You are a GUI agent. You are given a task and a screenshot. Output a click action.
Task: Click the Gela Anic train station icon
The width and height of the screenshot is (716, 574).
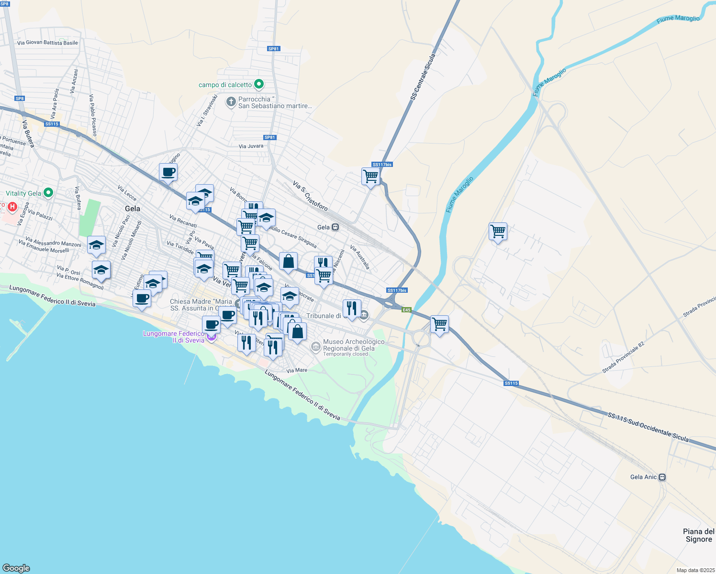tap(662, 477)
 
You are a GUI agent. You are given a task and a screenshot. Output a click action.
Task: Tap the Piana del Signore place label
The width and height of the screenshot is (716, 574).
tap(699, 535)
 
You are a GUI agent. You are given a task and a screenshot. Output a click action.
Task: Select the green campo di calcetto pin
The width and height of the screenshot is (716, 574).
tap(259, 85)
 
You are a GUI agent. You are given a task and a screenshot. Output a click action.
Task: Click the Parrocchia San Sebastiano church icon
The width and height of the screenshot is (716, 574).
tap(231, 101)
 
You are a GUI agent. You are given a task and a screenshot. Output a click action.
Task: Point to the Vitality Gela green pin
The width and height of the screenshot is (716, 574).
tap(48, 193)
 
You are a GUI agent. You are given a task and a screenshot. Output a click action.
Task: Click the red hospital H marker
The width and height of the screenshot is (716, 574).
tap(12, 207)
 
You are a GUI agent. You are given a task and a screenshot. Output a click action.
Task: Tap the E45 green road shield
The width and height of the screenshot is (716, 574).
tap(406, 310)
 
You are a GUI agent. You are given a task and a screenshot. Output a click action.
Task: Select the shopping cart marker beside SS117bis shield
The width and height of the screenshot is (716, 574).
tap(371, 177)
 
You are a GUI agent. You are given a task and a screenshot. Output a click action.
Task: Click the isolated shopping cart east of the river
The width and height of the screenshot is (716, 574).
tap(498, 232)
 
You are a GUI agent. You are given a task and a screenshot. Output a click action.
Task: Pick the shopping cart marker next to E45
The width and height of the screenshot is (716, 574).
tap(439, 324)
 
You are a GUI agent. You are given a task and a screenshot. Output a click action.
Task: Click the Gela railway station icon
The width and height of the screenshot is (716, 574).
tap(336, 227)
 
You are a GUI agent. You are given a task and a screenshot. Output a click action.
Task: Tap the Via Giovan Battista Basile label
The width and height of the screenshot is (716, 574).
tap(47, 43)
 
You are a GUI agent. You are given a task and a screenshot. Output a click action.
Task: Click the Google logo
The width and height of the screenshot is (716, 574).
tap(16, 568)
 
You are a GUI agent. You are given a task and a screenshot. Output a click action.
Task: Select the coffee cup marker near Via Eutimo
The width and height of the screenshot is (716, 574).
tap(142, 299)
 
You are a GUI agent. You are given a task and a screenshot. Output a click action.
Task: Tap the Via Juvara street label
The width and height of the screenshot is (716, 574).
tap(251, 146)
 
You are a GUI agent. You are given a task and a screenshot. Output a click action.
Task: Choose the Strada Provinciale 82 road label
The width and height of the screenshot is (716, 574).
tap(623, 357)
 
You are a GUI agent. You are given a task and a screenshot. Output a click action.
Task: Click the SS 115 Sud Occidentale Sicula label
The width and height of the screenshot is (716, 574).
tap(648, 427)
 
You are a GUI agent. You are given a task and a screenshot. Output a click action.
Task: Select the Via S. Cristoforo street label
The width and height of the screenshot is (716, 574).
tap(310, 196)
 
